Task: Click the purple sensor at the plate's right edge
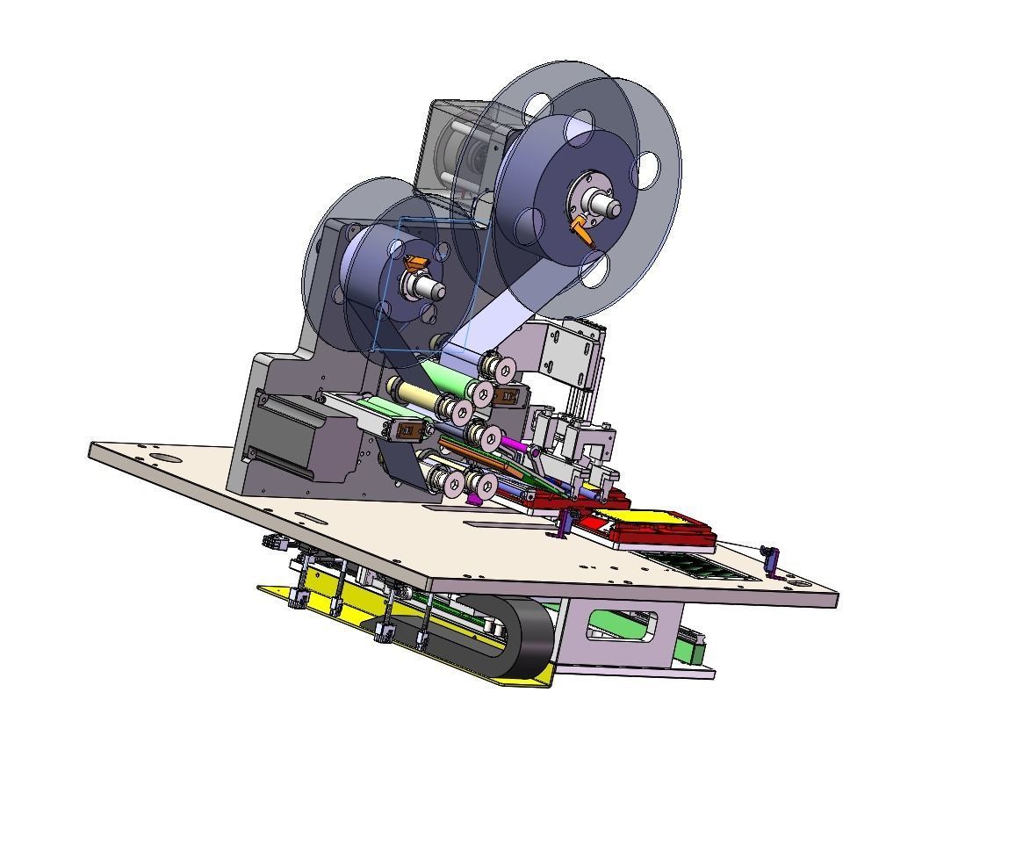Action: [771, 556]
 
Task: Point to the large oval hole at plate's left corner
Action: [162, 458]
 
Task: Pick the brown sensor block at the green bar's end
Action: [408, 430]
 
